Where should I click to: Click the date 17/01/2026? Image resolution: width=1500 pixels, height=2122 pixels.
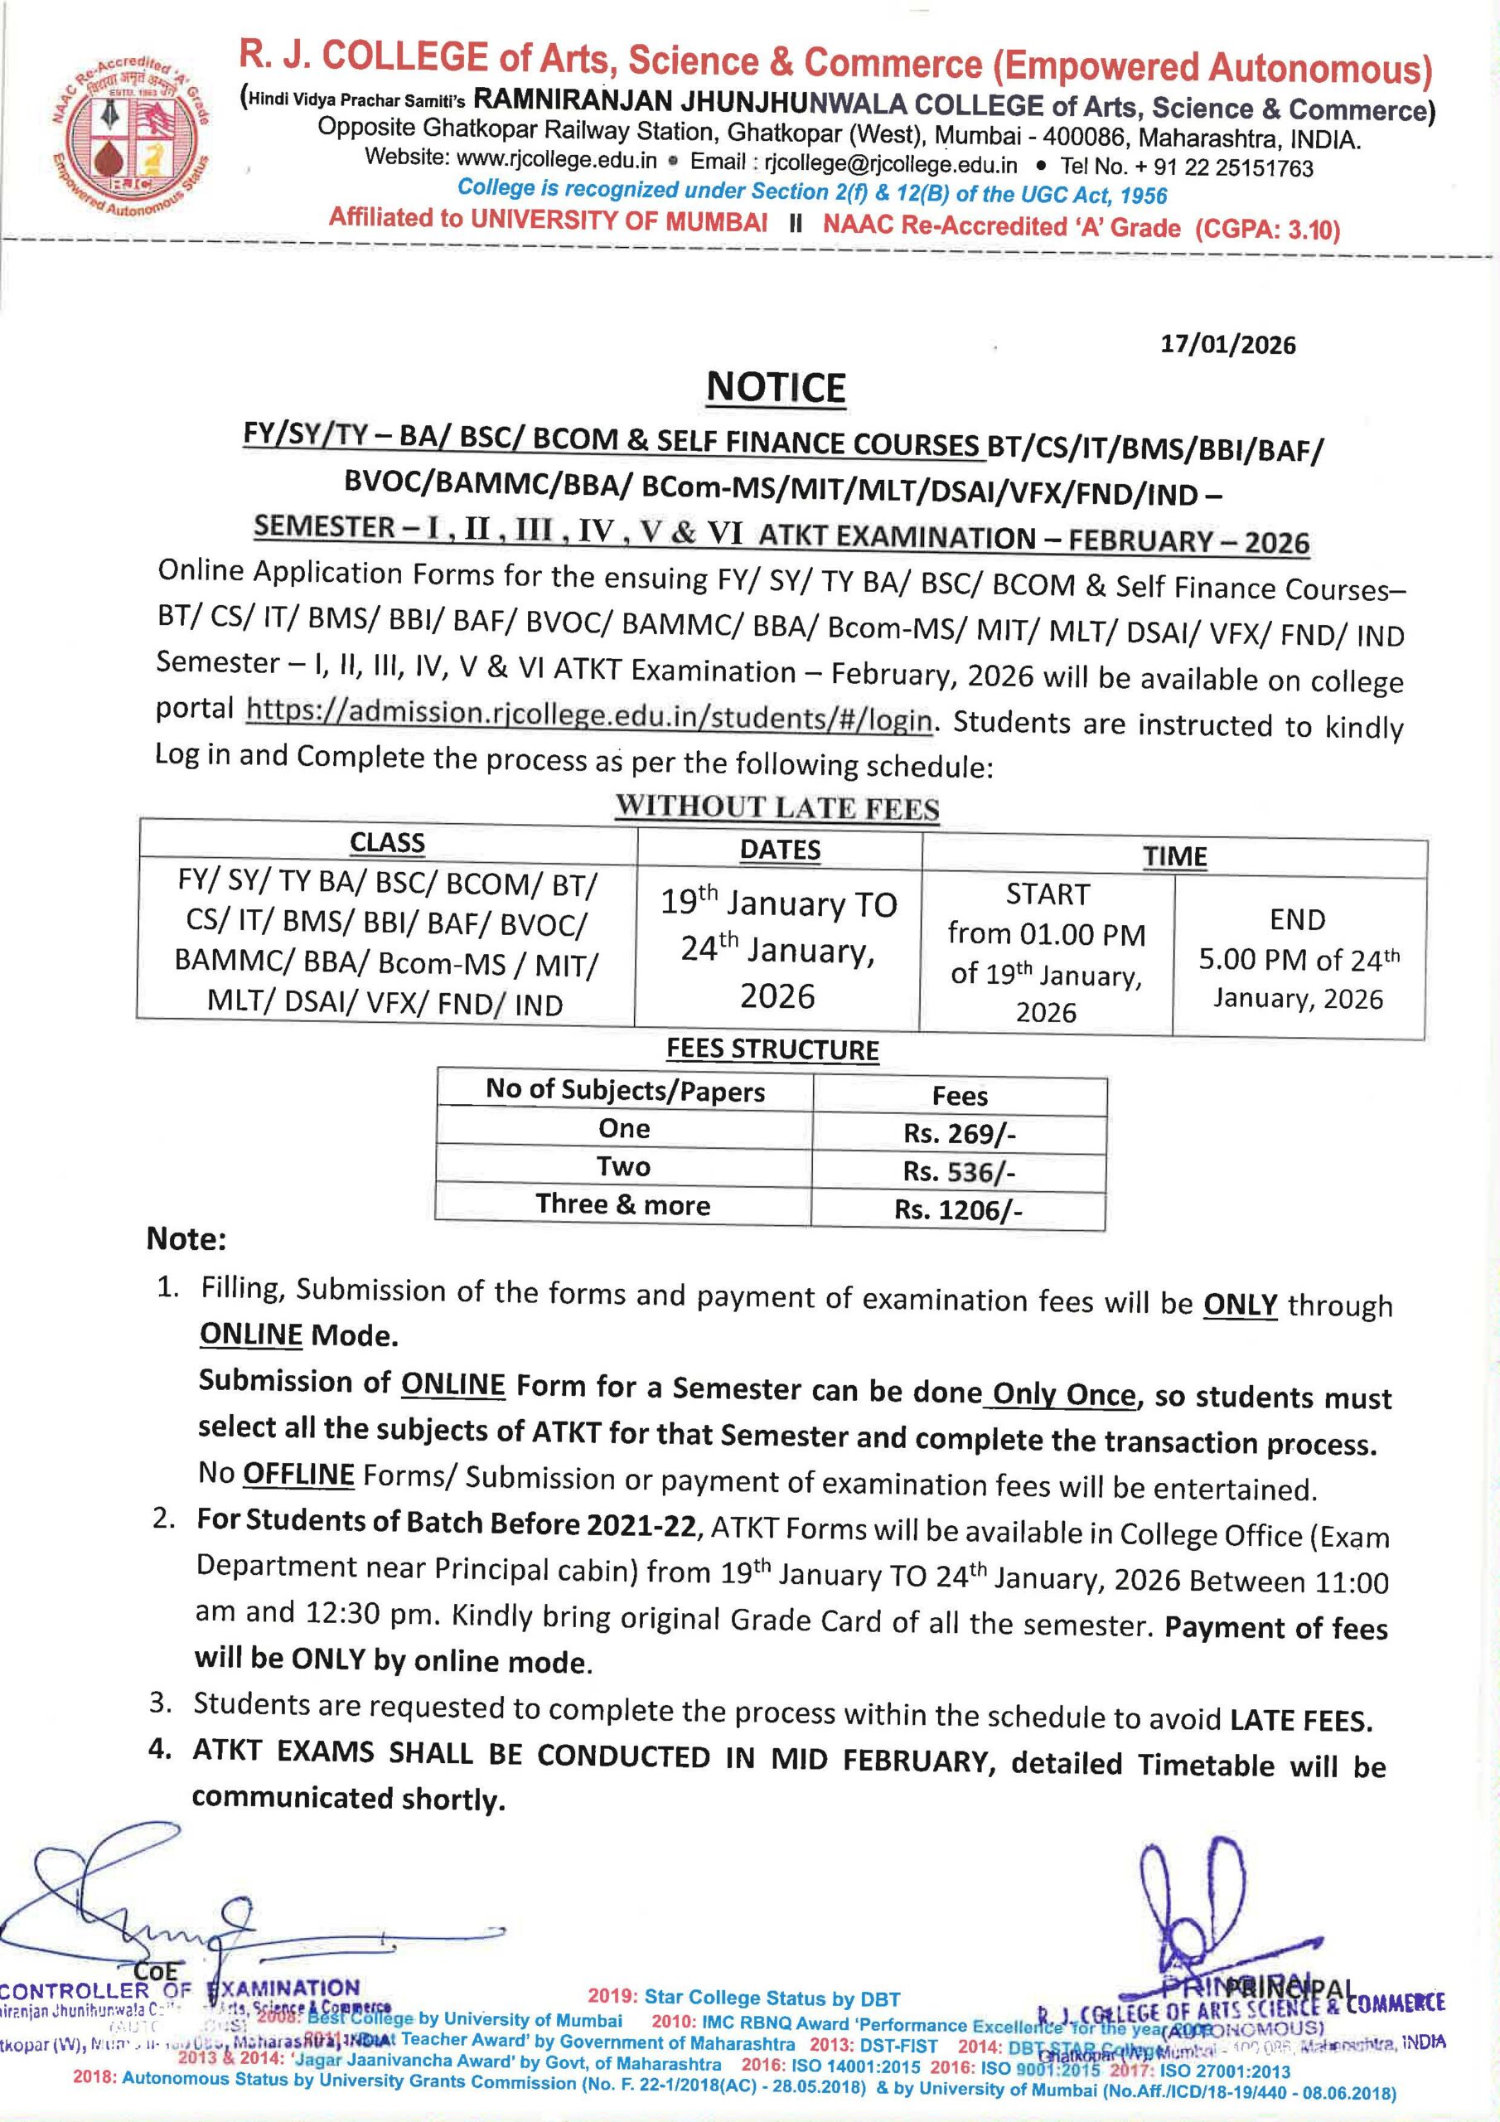(1228, 345)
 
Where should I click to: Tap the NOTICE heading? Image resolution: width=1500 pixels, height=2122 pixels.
(776, 388)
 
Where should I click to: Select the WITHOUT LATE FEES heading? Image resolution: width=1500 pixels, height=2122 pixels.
(777, 807)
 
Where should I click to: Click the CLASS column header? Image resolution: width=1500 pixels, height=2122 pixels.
(387, 843)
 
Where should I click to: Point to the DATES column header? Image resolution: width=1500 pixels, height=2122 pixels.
(780, 850)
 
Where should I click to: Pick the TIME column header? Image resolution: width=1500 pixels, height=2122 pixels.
(1174, 855)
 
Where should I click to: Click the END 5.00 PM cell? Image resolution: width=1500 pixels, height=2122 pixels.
(1298, 958)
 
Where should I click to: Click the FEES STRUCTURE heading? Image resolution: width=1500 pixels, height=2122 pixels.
(772, 1050)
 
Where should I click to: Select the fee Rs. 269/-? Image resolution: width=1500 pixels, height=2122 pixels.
(960, 1134)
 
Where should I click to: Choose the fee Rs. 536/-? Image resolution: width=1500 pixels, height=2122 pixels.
(960, 1172)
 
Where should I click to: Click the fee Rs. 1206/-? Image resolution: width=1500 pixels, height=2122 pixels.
(958, 1210)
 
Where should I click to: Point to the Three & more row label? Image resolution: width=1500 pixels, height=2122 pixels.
(623, 1205)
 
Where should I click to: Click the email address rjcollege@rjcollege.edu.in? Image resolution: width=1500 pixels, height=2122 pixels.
(891, 164)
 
